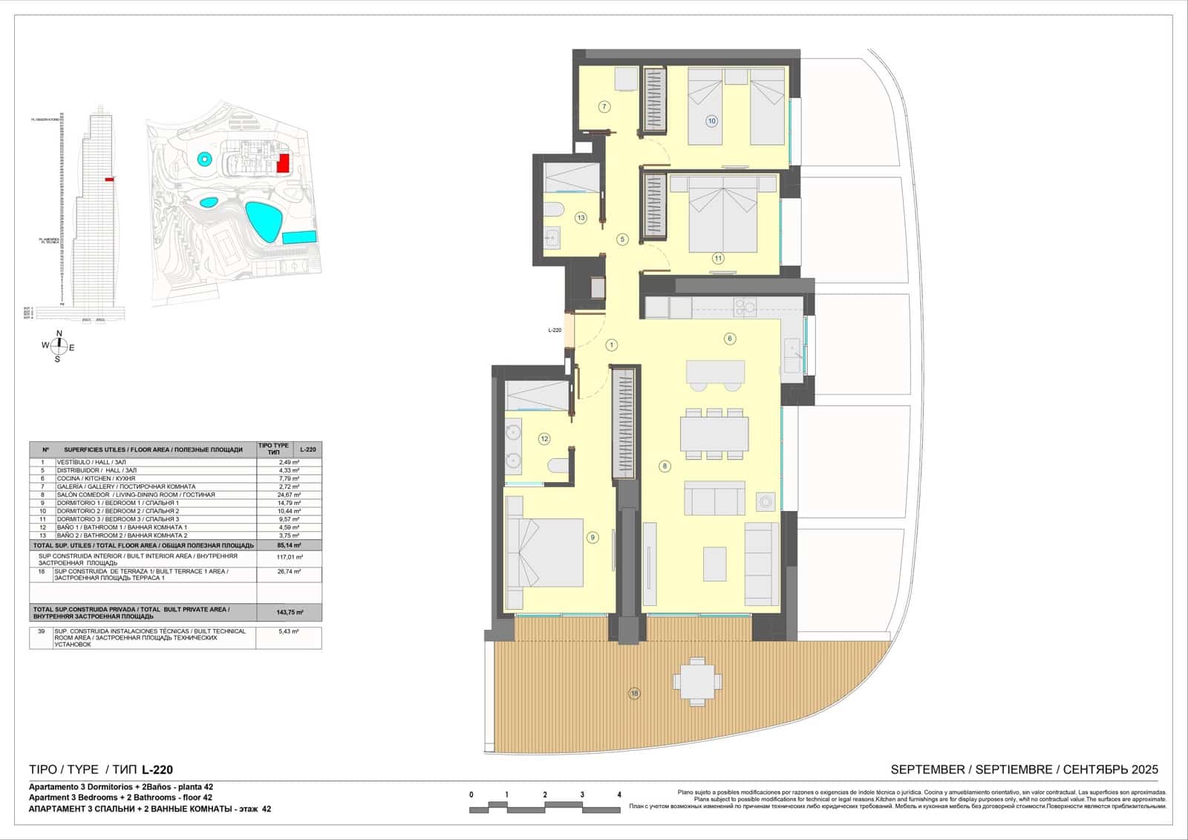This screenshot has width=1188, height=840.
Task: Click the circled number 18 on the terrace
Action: [634, 693]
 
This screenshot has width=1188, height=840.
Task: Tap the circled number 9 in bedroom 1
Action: [592, 538]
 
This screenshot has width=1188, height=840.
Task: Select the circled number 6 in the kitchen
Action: [730, 339]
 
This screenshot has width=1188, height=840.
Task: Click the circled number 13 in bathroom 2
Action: [581, 218]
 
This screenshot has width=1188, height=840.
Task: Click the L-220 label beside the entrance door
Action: [555, 330]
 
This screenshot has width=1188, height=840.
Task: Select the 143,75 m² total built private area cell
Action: [290, 612]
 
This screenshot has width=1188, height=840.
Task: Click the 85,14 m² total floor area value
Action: [290, 545]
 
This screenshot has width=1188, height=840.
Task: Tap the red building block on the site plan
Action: [282, 163]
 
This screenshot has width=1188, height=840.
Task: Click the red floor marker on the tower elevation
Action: [109, 179]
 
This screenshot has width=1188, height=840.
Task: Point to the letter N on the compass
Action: [59, 333]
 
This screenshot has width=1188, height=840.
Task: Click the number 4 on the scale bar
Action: [619, 795]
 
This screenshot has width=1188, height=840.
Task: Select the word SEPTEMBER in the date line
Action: [927, 769]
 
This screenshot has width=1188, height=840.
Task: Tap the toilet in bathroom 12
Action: [557, 466]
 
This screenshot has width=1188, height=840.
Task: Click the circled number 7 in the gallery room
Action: [604, 107]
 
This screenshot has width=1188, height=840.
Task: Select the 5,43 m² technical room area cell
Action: [288, 631]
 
